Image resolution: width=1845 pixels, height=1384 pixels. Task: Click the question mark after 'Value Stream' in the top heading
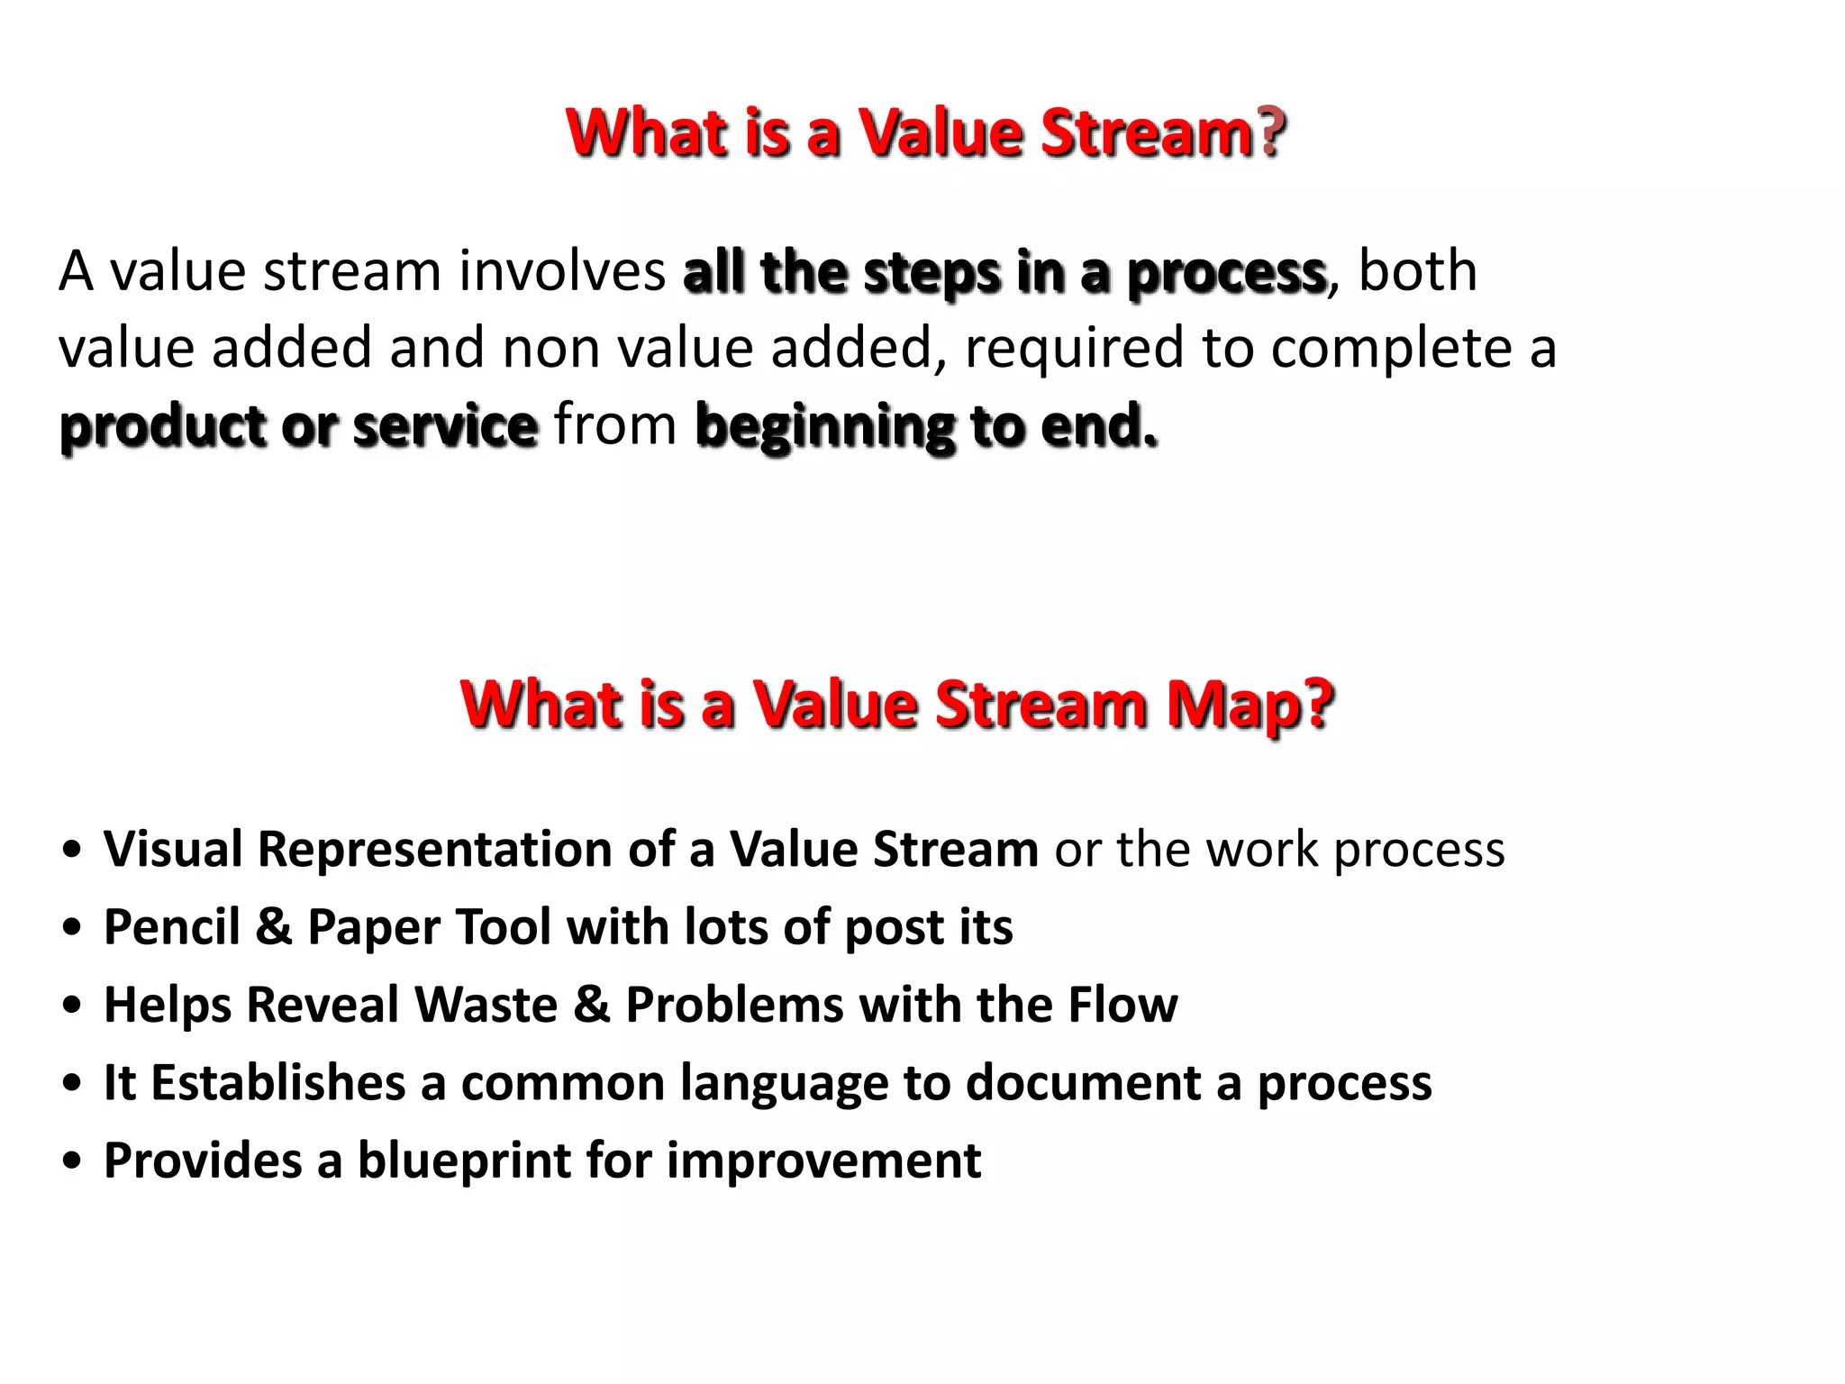click(1271, 132)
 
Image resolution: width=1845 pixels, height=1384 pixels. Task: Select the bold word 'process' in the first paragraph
click(1226, 273)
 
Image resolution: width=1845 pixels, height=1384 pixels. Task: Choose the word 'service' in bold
click(445, 425)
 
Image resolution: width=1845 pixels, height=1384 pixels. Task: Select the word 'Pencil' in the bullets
click(171, 927)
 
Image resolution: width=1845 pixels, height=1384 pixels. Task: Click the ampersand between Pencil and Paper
click(274, 927)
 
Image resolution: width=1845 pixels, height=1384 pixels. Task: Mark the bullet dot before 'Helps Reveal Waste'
click(72, 1006)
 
